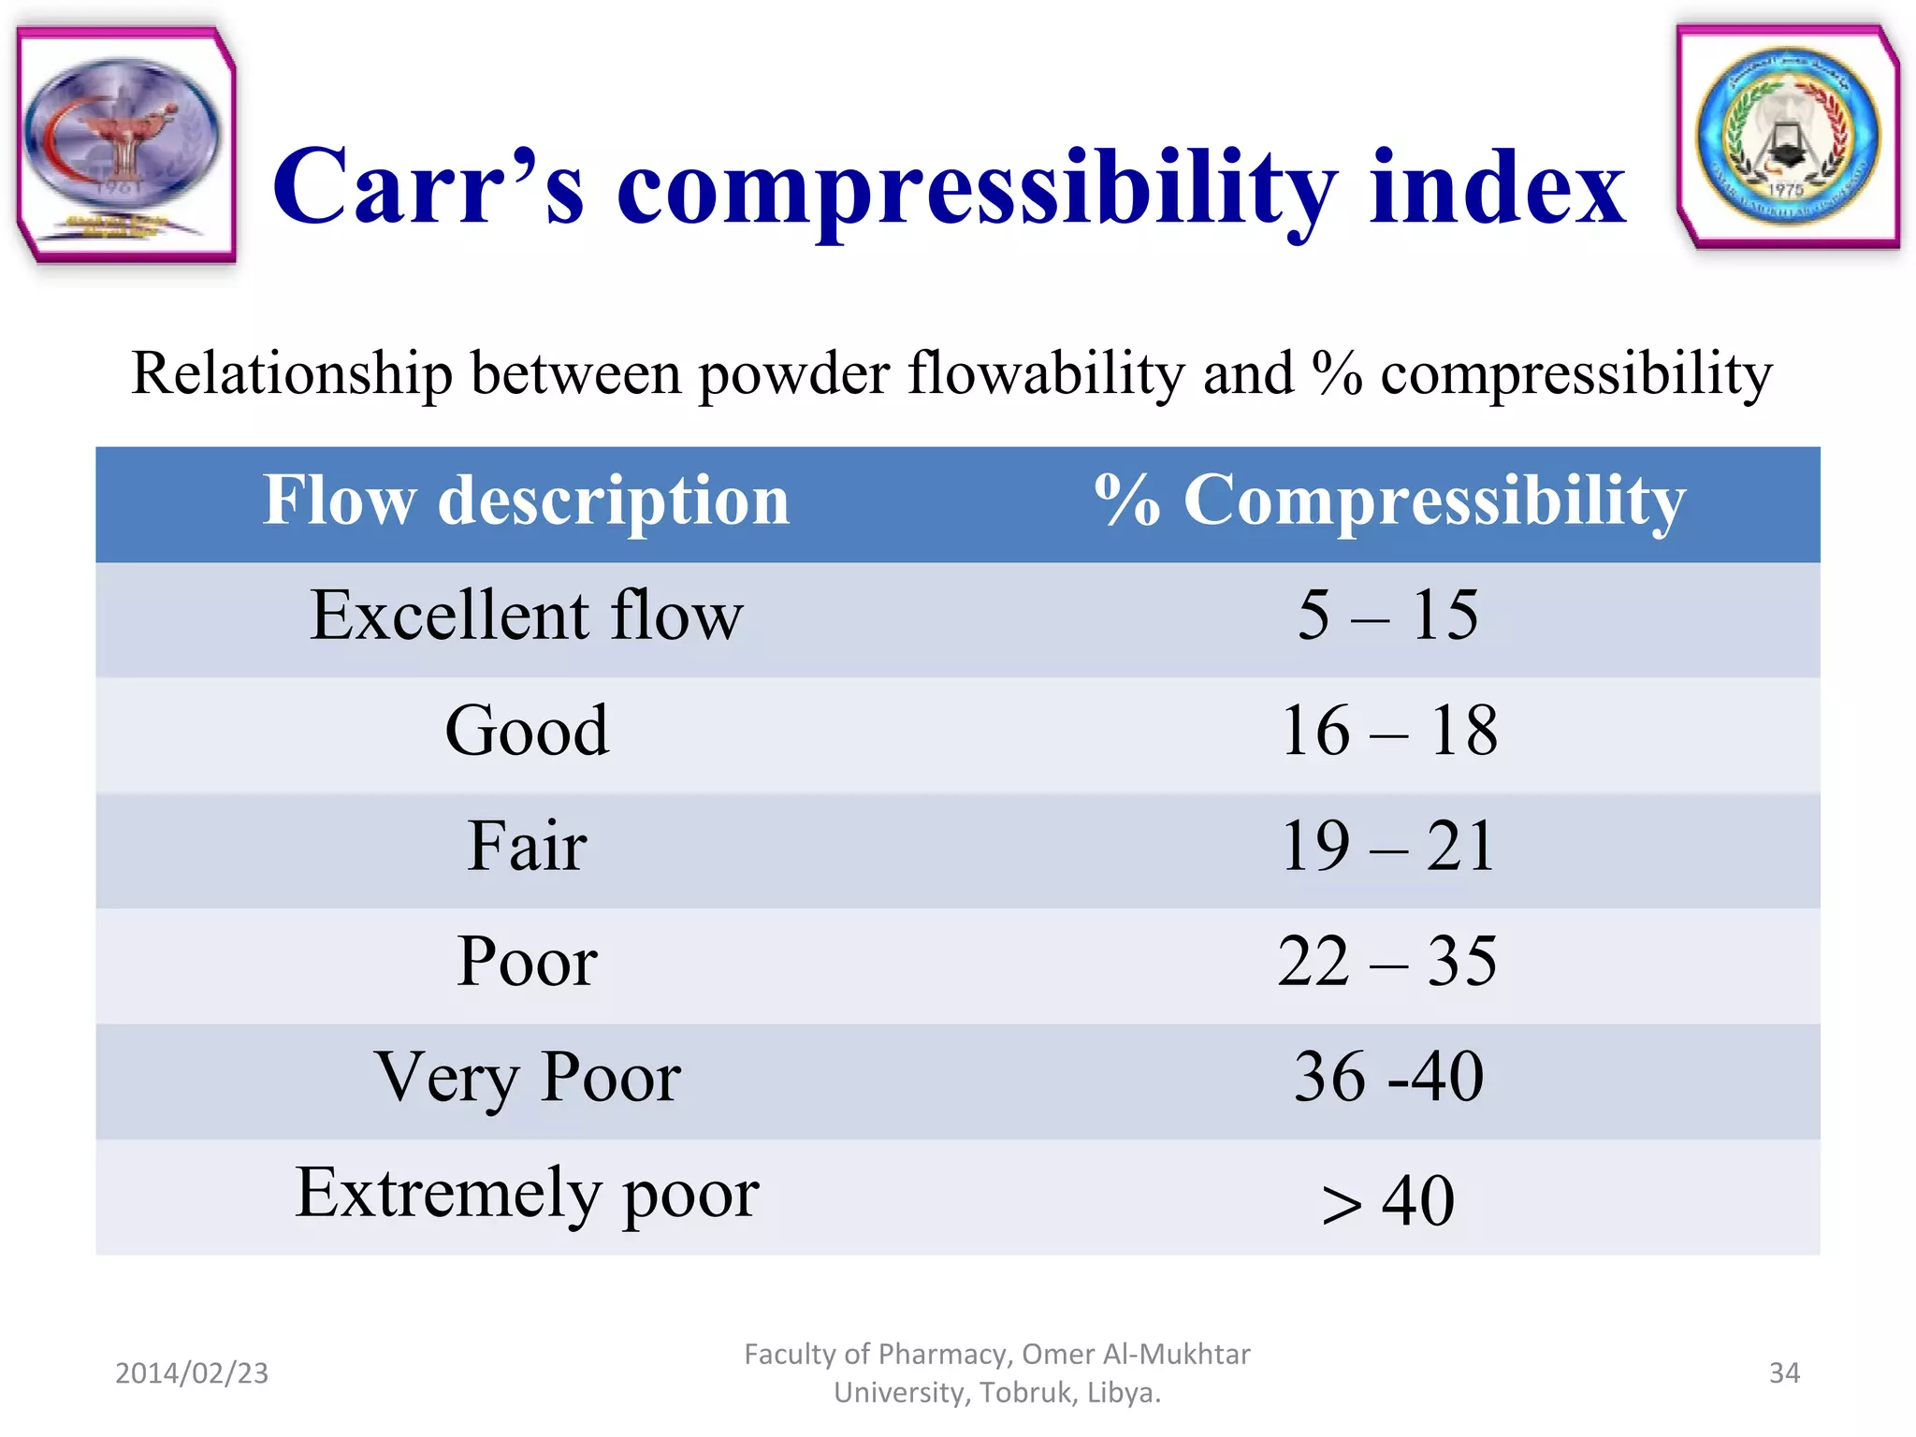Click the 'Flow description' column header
pyautogui.click(x=526, y=501)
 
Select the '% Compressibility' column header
pyautogui.click(x=1389, y=501)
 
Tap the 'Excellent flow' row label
pyautogui.click(x=526, y=617)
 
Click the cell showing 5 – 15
pyautogui.click(x=1388, y=617)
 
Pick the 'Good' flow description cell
pyautogui.click(x=527, y=732)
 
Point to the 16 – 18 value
pyautogui.click(x=1388, y=732)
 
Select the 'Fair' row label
pyautogui.click(x=527, y=847)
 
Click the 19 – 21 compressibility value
pyautogui.click(x=1388, y=847)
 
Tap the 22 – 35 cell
pyautogui.click(x=1388, y=962)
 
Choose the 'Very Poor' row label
pyautogui.click(x=527, y=1078)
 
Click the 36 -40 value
pyautogui.click(x=1388, y=1078)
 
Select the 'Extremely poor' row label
pyautogui.click(x=527, y=1194)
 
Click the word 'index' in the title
pyautogui.click(x=1497, y=189)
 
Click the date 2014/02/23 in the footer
pyautogui.click(x=192, y=1372)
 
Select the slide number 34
pyautogui.click(x=1784, y=1372)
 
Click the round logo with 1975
pyautogui.click(x=1788, y=137)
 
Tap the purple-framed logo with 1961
pyautogui.click(x=124, y=145)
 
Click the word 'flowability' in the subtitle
pyautogui.click(x=1046, y=374)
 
